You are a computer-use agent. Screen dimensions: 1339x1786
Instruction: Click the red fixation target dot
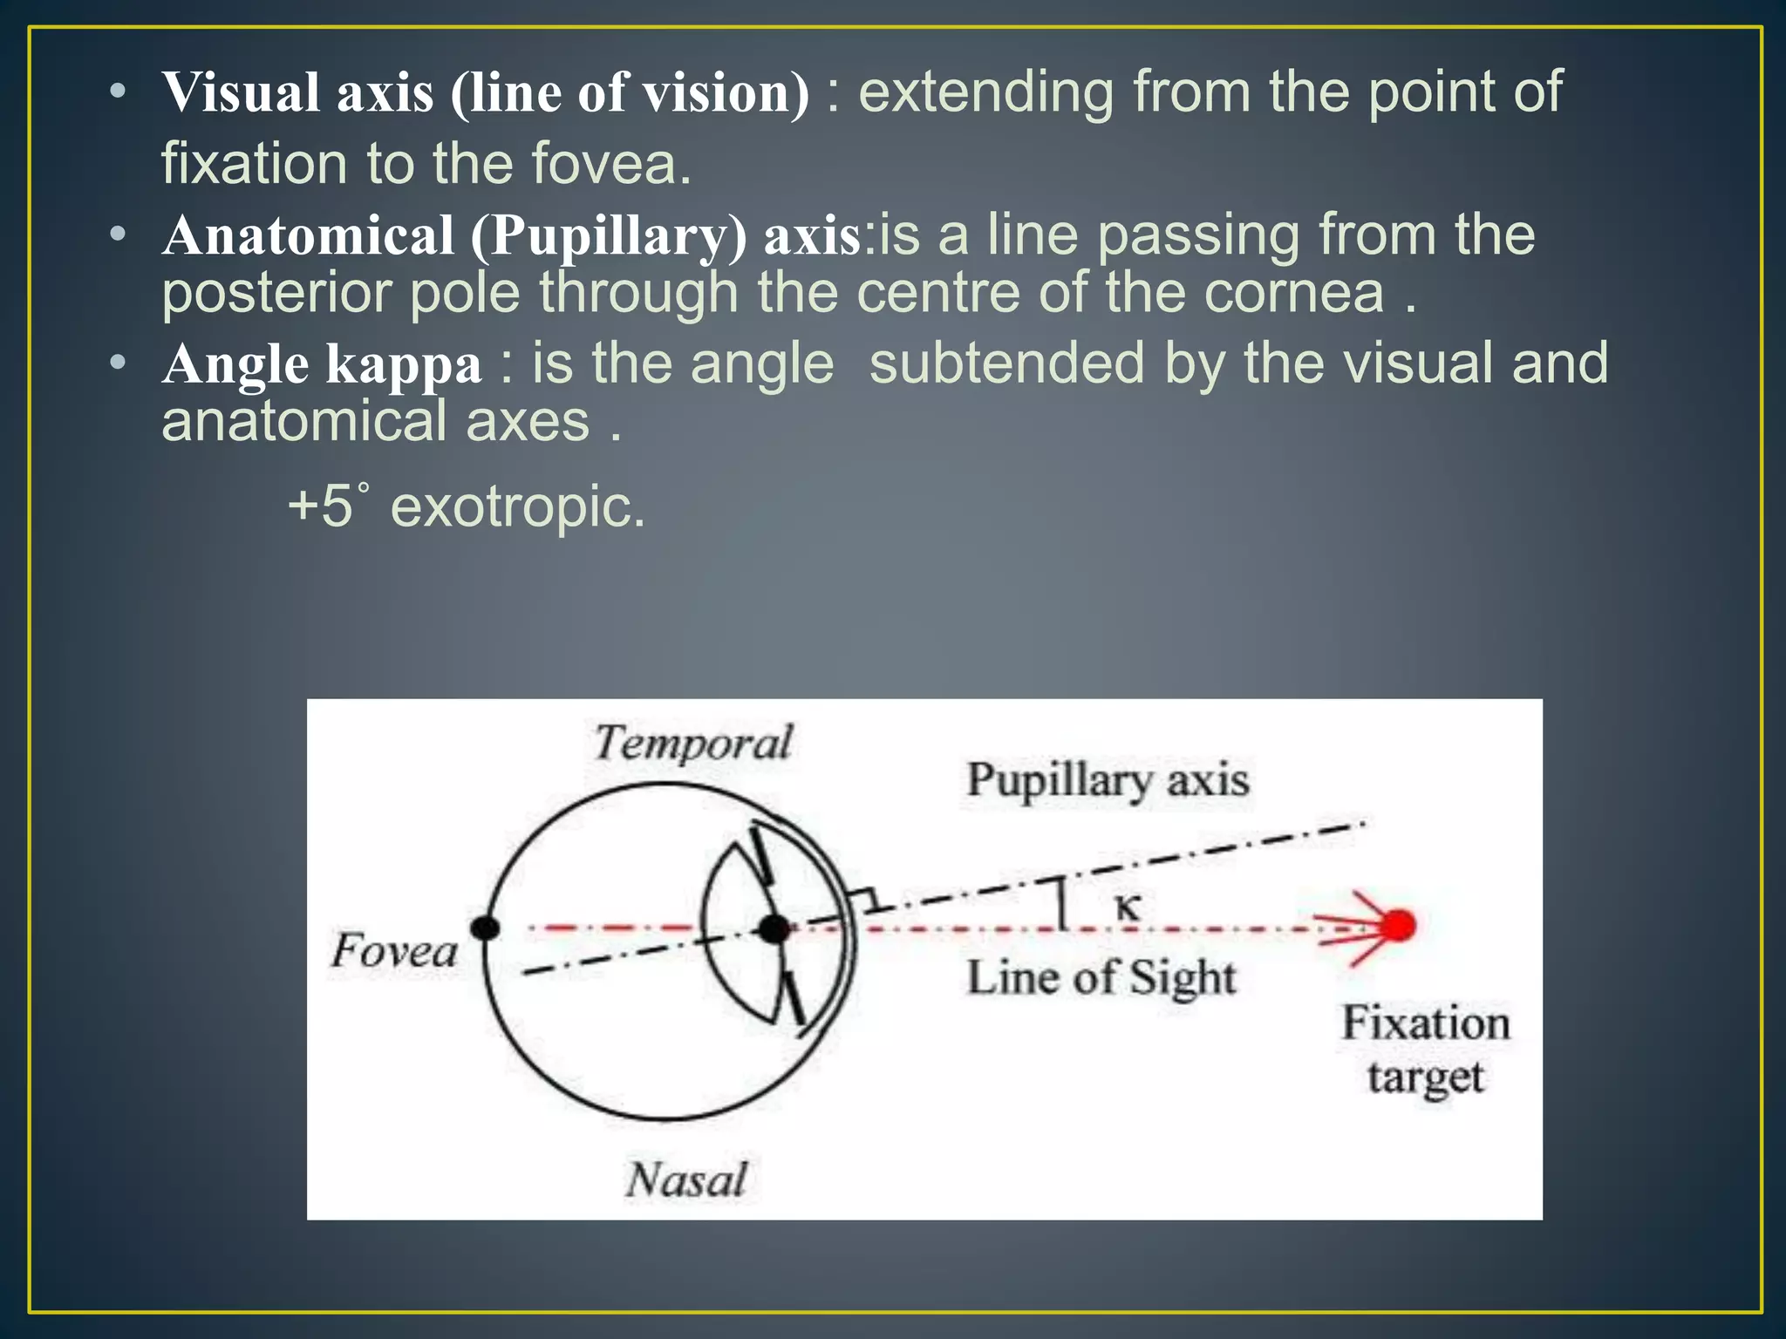(1399, 925)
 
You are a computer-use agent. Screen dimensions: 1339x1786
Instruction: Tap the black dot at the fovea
(485, 928)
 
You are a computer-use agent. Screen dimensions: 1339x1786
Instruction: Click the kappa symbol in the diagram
(1128, 907)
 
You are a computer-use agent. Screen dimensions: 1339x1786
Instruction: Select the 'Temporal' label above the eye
(693, 744)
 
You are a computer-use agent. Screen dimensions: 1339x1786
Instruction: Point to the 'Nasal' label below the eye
(686, 1179)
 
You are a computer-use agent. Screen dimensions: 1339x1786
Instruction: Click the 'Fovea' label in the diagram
(394, 950)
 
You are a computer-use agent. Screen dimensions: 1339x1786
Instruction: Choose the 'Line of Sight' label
(1101, 977)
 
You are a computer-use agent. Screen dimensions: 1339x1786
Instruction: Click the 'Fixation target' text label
(1425, 1050)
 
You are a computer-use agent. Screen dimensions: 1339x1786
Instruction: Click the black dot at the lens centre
(773, 928)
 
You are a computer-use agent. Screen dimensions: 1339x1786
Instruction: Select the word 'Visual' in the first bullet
(241, 92)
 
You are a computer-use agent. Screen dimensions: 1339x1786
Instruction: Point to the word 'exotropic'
(517, 506)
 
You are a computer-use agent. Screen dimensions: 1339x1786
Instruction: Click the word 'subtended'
(1006, 364)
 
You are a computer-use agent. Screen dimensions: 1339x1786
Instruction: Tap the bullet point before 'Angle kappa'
(119, 362)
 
